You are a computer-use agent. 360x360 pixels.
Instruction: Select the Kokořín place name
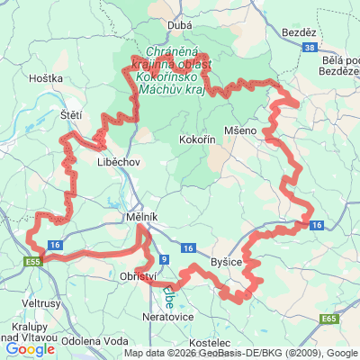[196, 141]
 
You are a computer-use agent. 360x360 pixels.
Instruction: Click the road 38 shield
[310, 47]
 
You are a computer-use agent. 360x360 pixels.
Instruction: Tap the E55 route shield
[34, 261]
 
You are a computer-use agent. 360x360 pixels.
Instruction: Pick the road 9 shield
[162, 259]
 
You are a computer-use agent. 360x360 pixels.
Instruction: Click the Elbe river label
[168, 295]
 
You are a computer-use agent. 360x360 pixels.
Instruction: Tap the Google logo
[30, 348]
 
